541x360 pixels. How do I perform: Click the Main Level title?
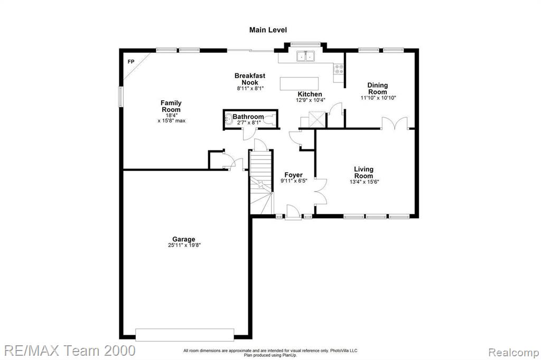(x=268, y=30)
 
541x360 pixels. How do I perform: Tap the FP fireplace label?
(x=131, y=62)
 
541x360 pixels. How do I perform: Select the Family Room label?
(x=171, y=106)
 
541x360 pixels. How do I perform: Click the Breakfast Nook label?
(x=250, y=79)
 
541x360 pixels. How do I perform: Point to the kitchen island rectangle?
(x=299, y=83)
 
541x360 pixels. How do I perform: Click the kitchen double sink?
(x=306, y=56)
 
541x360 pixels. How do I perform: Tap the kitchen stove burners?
(x=339, y=69)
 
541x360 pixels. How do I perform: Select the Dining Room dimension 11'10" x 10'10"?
(x=378, y=98)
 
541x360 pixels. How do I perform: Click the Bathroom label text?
(x=248, y=117)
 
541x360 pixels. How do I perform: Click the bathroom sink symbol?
(x=228, y=119)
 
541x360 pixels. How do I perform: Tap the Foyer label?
(x=293, y=175)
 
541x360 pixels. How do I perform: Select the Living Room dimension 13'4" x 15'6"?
(x=365, y=182)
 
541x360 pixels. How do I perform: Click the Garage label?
(x=183, y=239)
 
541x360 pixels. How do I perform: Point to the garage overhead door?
(x=184, y=335)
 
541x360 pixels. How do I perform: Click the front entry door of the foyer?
(x=293, y=211)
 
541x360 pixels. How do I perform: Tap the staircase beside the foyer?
(x=261, y=182)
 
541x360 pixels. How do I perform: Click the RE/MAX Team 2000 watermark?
(x=69, y=350)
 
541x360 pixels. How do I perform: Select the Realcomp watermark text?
(x=514, y=353)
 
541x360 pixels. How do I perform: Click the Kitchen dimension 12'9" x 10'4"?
(x=311, y=100)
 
